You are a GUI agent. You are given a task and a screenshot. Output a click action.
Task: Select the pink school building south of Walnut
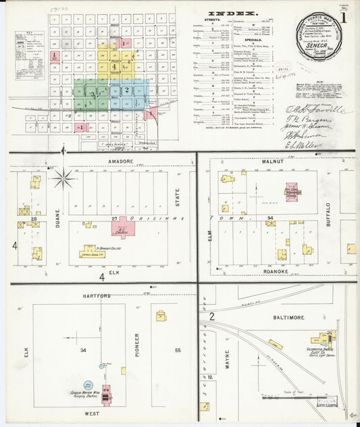pyautogui.click(x=292, y=191)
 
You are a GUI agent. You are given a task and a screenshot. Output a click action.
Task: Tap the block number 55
pyautogui.click(x=178, y=351)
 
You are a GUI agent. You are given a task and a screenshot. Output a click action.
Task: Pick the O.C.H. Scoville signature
pyautogui.click(x=315, y=109)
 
